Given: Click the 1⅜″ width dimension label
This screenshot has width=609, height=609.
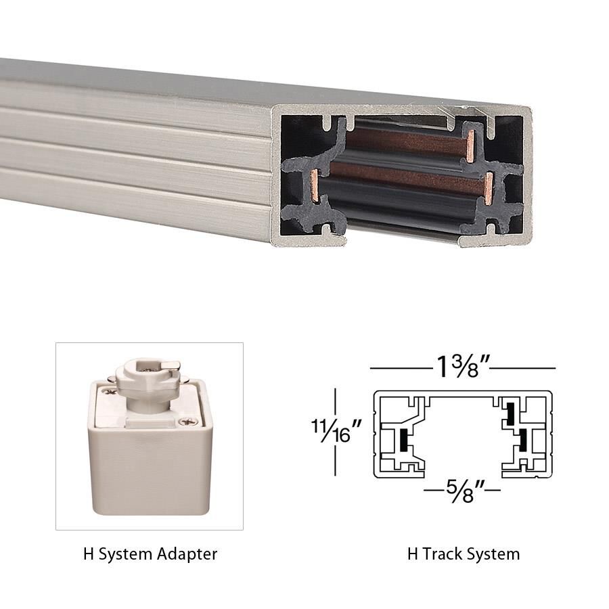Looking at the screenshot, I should pyautogui.click(x=463, y=369).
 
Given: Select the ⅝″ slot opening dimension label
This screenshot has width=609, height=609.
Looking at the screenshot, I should pyautogui.click(x=462, y=489).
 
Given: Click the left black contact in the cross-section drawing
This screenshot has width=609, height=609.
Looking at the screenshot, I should pyautogui.click(x=404, y=440).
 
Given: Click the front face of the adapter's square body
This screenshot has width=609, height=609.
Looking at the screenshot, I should pyautogui.click(x=151, y=467).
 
